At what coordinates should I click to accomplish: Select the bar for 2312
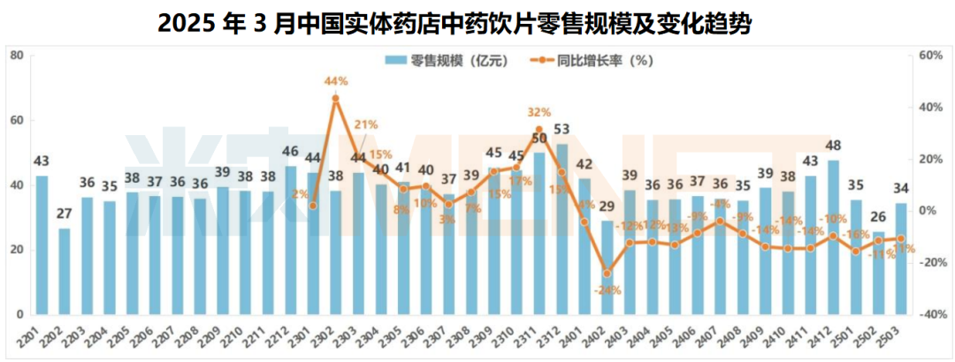[x=562, y=229]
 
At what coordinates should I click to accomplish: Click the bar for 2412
[x=833, y=237]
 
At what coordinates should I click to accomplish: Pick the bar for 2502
[x=879, y=272]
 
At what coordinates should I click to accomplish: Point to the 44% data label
[x=335, y=81]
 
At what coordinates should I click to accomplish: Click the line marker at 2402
[x=607, y=273]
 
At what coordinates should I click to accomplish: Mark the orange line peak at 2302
[x=335, y=98]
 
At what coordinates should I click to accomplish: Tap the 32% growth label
[x=539, y=112]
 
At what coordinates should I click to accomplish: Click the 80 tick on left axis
[x=16, y=56]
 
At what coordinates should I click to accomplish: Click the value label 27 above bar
[x=65, y=215]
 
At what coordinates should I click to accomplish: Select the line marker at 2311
[x=539, y=130]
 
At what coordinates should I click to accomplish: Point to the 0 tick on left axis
[x=19, y=314]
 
